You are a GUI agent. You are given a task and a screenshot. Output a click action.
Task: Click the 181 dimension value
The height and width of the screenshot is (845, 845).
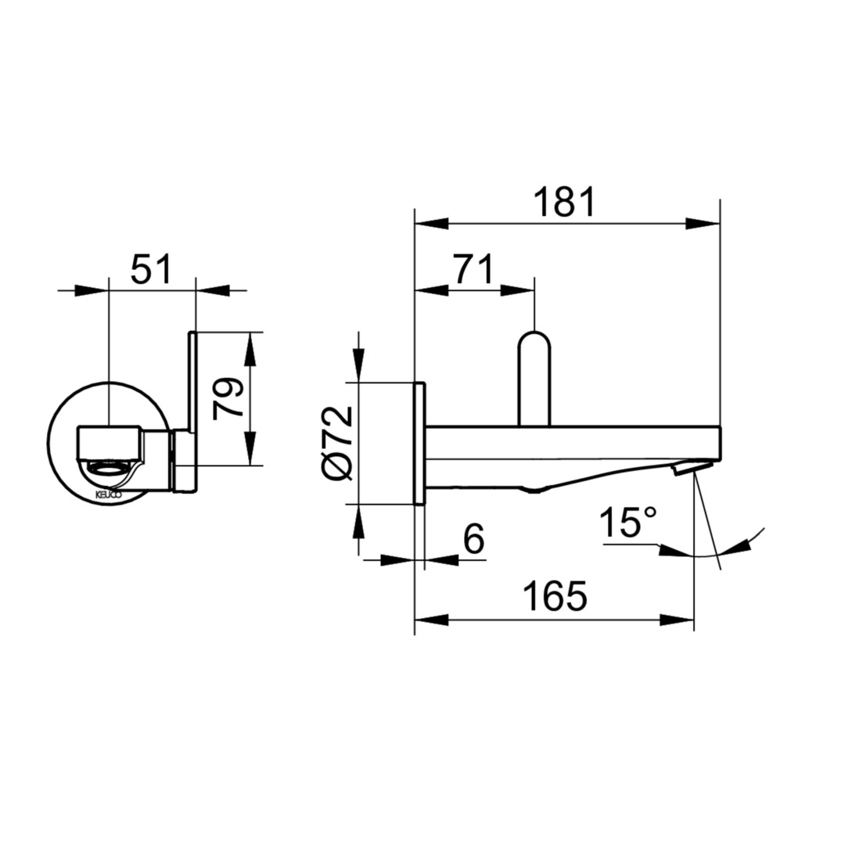tap(564, 202)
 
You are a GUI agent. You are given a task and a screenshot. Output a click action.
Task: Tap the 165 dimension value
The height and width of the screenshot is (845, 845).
tap(556, 596)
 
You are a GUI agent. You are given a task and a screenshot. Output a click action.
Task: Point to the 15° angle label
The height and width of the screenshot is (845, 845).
tap(628, 522)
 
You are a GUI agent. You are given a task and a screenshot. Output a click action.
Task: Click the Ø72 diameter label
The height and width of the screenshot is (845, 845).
tap(338, 443)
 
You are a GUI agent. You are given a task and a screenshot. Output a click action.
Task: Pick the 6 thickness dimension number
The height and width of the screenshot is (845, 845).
tap(474, 538)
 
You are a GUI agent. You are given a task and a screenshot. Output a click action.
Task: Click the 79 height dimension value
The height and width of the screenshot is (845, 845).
tap(228, 399)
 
